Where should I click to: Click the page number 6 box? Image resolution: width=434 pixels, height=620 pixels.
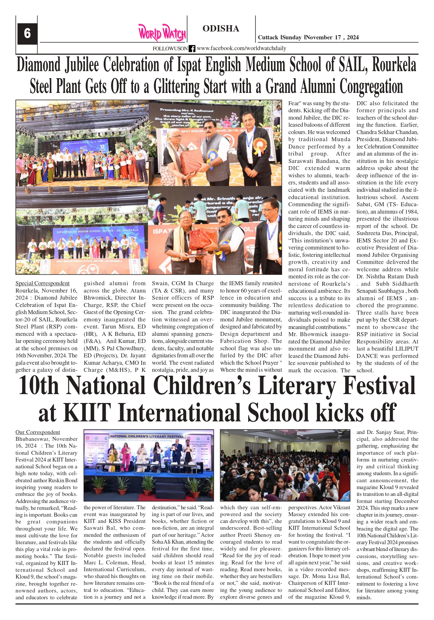click(x=27, y=34)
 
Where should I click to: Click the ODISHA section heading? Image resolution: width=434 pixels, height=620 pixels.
click(x=221, y=29)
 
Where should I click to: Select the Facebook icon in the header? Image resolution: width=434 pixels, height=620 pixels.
click(x=192, y=49)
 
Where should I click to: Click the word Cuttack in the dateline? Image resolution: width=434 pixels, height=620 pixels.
click(x=268, y=38)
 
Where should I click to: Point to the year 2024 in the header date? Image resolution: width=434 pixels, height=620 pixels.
click(x=353, y=38)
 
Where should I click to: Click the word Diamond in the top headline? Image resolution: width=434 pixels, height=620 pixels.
click(x=38, y=65)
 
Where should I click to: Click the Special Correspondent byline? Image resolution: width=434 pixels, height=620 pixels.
click(x=43, y=283)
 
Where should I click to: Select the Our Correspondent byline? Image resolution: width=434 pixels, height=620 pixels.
click(x=38, y=432)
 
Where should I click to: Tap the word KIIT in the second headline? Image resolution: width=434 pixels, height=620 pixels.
click(x=87, y=413)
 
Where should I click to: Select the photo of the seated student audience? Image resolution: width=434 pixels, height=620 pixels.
click(x=285, y=465)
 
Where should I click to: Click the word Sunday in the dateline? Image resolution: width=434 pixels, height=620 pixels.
click(x=292, y=38)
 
